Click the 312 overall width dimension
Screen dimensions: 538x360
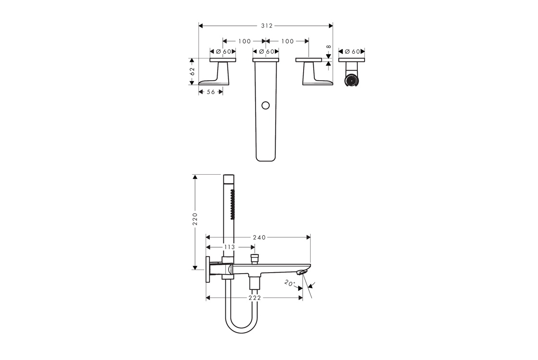[267, 26]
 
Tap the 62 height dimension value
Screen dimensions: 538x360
[192, 72]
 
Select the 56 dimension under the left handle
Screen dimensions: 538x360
[211, 92]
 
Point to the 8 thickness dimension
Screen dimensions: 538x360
[329, 47]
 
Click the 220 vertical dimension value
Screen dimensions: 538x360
[195, 219]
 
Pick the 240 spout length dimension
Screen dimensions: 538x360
[259, 237]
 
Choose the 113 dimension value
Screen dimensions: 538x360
[229, 247]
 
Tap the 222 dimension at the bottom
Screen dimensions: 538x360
[255, 298]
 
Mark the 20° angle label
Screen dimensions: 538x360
[290, 284]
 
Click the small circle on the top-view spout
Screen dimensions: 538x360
[265, 105]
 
